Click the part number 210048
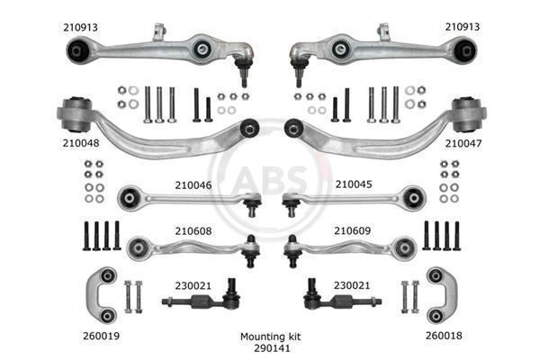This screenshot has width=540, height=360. pyautogui.click(x=81, y=142)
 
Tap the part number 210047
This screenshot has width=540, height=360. pyautogui.click(x=463, y=143)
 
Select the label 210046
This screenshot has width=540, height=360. pyautogui.click(x=193, y=185)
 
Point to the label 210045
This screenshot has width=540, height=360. pyautogui.click(x=354, y=184)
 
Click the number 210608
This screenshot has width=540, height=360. pyautogui.click(x=193, y=230)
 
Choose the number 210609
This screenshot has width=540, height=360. pyautogui.click(x=352, y=230)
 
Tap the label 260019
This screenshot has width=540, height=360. pyautogui.click(x=101, y=336)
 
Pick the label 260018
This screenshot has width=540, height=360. pyautogui.click(x=444, y=336)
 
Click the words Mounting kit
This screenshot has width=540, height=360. pyautogui.click(x=270, y=337)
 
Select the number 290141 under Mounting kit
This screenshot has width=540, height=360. pyautogui.click(x=272, y=348)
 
